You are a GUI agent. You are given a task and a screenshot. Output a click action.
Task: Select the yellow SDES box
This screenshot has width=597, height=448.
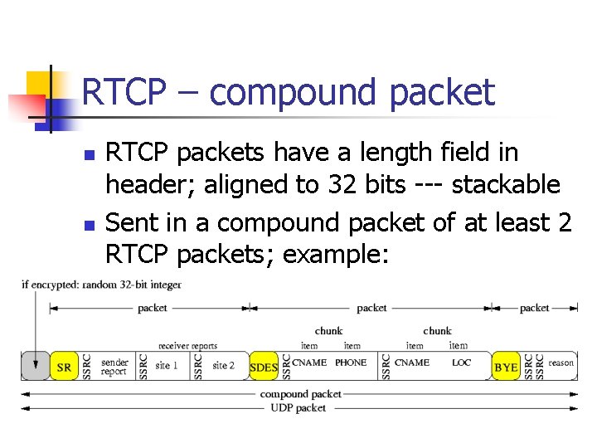[265, 367]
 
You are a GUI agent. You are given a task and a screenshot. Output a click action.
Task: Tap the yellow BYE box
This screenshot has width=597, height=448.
[506, 367]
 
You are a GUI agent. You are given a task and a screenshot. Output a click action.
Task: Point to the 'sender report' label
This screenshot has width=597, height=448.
[114, 367]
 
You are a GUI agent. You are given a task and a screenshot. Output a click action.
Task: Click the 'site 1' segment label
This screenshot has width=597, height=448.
[166, 366]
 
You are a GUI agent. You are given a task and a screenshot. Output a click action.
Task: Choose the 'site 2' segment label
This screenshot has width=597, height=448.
[223, 366]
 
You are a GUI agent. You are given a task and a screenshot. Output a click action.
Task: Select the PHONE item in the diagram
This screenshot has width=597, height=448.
[351, 363]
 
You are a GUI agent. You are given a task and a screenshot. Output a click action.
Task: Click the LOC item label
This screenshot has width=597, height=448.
[461, 363]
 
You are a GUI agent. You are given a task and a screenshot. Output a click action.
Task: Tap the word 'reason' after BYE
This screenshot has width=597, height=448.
[561, 363]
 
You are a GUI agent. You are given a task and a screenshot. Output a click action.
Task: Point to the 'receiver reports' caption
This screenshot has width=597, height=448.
[188, 346]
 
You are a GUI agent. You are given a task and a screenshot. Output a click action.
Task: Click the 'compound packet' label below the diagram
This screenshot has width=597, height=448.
[300, 394]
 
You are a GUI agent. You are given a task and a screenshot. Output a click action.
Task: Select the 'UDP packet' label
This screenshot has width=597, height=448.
[298, 407]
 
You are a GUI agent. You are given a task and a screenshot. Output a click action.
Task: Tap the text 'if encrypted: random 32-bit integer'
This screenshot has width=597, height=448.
[101, 285]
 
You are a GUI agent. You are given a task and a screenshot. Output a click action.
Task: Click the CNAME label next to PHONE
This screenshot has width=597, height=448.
[309, 363]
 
